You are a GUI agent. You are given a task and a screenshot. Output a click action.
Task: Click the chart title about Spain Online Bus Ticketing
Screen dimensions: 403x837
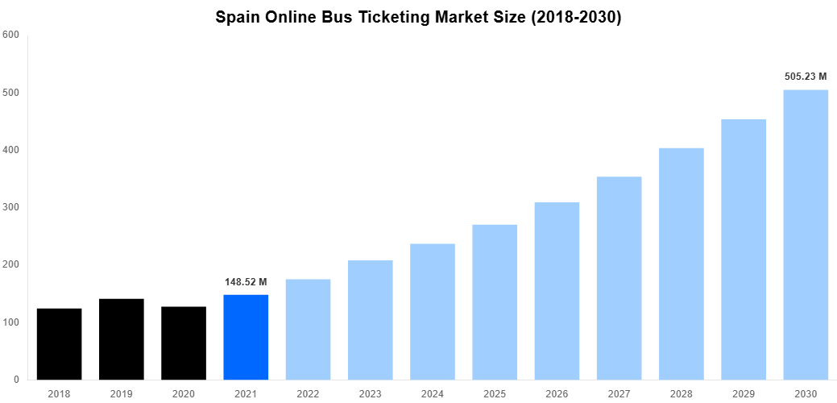[418, 18]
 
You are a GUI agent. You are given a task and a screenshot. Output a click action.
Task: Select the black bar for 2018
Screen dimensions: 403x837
[59, 344]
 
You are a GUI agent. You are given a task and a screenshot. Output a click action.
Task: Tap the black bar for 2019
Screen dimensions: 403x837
[122, 339]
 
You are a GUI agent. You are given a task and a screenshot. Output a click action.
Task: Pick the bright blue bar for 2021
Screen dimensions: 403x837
[246, 337]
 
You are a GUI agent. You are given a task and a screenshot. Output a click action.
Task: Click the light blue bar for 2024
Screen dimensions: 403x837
[433, 311]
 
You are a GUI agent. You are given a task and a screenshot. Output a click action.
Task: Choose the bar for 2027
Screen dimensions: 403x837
[619, 278]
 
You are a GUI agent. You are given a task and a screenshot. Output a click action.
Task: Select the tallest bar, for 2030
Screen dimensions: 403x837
[806, 235]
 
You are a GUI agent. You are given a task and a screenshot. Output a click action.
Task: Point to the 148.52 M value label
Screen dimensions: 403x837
[246, 282]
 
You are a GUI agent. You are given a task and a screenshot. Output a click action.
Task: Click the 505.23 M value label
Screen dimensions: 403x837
[806, 77]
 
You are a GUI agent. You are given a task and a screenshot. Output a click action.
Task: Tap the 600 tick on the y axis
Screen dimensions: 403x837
[11, 35]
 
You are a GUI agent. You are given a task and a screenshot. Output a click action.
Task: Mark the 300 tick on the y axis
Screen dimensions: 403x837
[11, 207]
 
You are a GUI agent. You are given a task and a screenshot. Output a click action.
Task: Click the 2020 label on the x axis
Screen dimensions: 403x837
[184, 393]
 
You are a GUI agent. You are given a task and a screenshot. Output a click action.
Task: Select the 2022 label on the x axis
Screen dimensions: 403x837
[308, 393]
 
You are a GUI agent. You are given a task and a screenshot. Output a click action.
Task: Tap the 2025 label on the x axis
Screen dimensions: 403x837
[495, 393]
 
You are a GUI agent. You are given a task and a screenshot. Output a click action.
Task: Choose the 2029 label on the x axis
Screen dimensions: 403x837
[744, 393]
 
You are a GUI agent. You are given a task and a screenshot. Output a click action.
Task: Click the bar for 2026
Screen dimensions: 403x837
[557, 291]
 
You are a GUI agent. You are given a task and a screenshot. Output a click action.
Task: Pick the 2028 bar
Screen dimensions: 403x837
[682, 264]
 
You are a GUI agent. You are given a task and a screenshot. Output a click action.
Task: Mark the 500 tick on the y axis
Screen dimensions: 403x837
[11, 93]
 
